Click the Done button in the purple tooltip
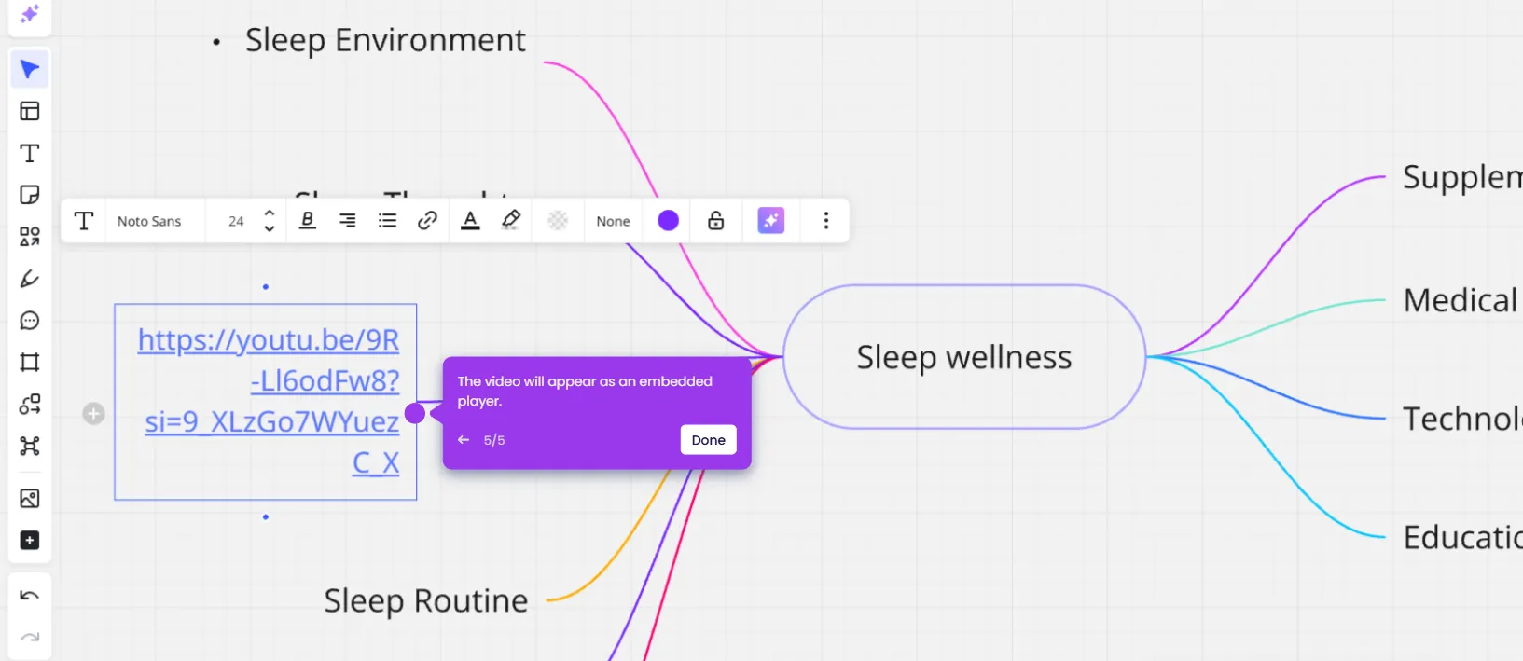[708, 440]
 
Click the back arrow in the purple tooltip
[464, 440]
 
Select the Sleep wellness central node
[963, 357]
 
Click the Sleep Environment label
[384, 41]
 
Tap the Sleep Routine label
[425, 601]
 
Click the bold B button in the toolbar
[307, 221]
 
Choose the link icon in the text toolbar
[427, 221]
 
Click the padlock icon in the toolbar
[715, 221]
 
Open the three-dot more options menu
[825, 221]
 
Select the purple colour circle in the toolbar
[668, 221]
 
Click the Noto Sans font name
[149, 222]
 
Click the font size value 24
[236, 222]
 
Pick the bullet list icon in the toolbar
[387, 221]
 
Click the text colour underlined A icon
[470, 221]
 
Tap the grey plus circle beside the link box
[93, 413]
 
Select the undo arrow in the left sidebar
[30, 596]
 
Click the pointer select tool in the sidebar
[30, 70]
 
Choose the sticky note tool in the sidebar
[30, 195]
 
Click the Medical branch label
[1460, 301]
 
